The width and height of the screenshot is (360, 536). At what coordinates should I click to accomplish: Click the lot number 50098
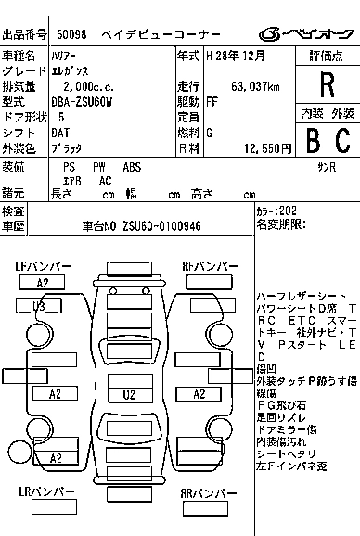(x=71, y=35)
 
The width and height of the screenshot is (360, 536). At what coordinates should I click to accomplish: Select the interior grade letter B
(x=312, y=140)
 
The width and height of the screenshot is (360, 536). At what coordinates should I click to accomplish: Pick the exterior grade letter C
(x=342, y=140)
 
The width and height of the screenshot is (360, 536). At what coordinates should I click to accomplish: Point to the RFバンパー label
(x=209, y=266)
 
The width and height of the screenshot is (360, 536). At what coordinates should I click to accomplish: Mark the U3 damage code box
(x=39, y=305)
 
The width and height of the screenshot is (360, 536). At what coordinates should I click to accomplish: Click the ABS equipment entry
(x=133, y=167)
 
